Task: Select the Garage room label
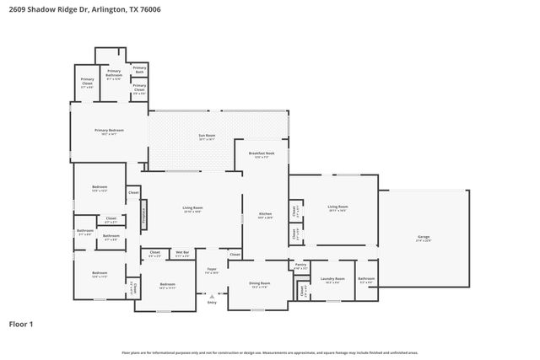tap(424, 239)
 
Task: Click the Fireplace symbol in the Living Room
tap(143, 215)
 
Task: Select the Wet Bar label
tap(181, 253)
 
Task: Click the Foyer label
tap(213, 271)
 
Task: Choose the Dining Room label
tap(260, 285)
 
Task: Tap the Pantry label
tap(300, 266)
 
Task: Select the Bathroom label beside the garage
tap(366, 280)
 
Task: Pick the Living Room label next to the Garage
tap(338, 207)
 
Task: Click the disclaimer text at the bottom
tap(269, 352)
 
